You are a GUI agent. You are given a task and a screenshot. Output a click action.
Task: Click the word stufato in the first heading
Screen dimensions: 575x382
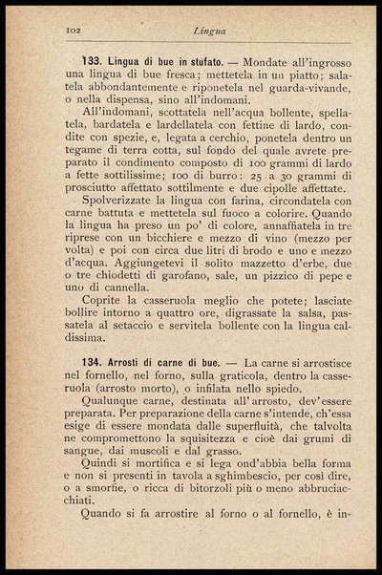point(199,59)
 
